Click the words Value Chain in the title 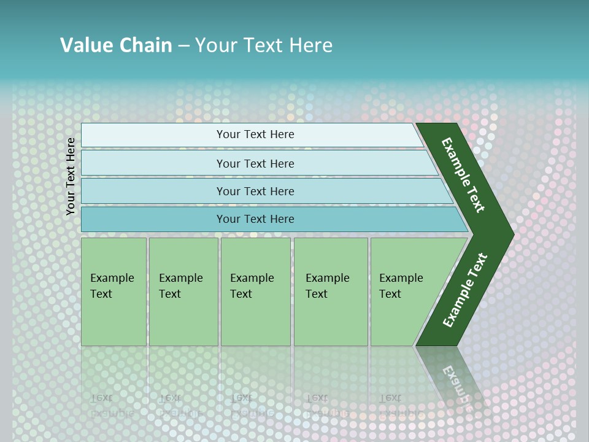pos(116,45)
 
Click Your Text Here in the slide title pos(264,45)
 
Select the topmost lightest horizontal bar pos(153,135)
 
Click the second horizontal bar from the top pos(153,163)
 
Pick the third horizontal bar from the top pos(153,191)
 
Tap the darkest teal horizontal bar pos(153,219)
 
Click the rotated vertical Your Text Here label pos(71,176)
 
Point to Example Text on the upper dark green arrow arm pos(463,175)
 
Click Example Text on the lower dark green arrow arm pos(465,290)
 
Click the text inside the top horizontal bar pos(255,134)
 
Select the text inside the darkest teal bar pos(255,219)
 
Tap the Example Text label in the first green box pos(112,285)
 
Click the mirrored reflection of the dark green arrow pos(454,381)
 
